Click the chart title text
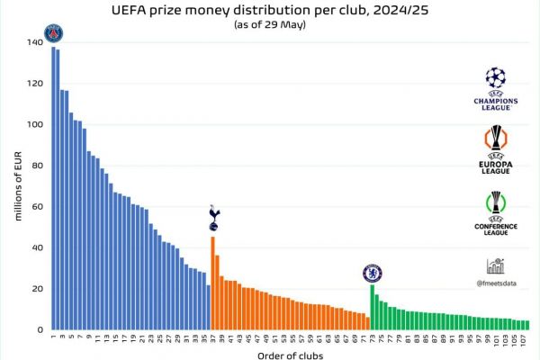[x=269, y=11]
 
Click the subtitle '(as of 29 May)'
[x=269, y=24]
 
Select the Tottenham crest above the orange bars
[x=213, y=217]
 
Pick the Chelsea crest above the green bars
[x=370, y=273]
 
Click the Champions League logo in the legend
[x=496, y=88]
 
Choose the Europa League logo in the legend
[x=496, y=150]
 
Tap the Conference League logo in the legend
[x=496, y=213]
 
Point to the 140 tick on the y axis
[x=34, y=42]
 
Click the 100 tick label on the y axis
[x=34, y=124]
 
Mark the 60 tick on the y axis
[x=37, y=206]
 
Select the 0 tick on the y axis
[x=40, y=329]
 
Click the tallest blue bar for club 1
[x=53, y=189]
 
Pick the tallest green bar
[x=372, y=307]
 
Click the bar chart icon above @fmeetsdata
[x=495, y=265]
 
